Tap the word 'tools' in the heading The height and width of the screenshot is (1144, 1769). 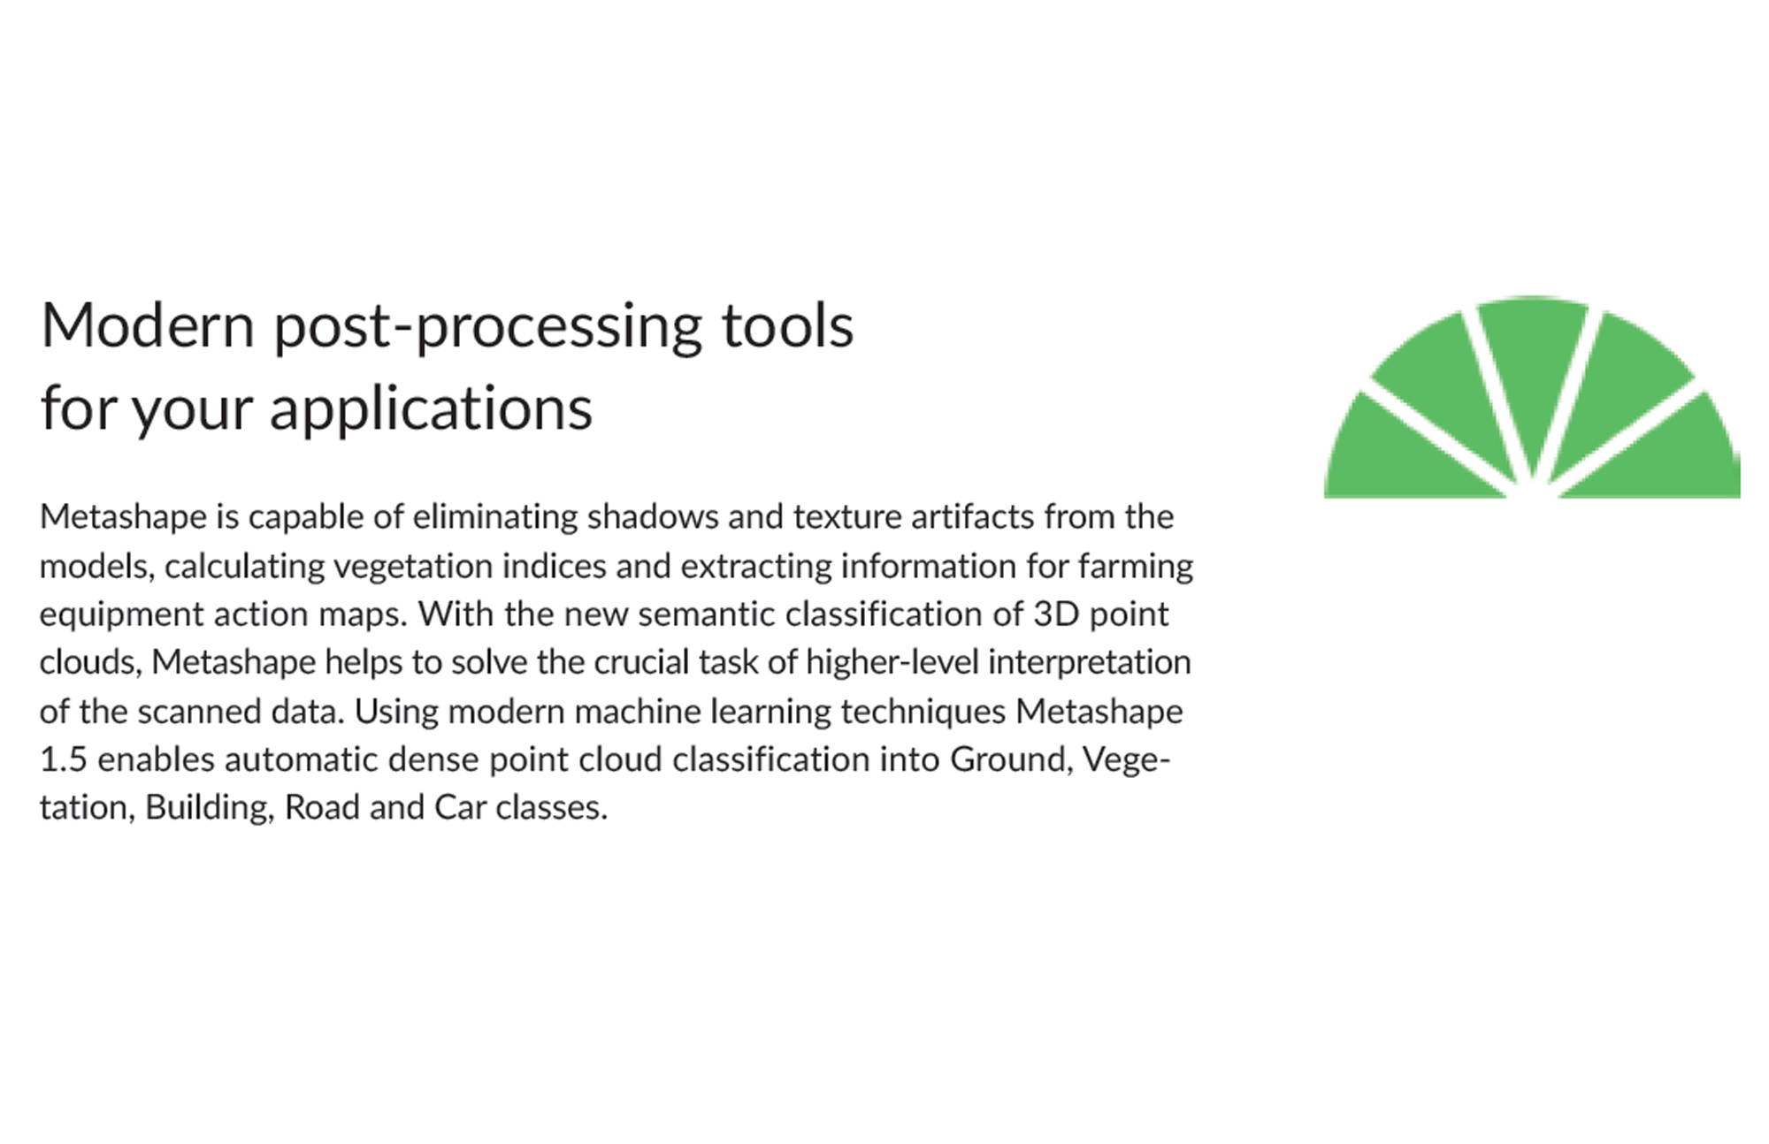coord(788,325)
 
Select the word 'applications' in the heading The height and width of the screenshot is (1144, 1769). coord(431,409)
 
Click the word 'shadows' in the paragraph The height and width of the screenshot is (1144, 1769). coord(653,516)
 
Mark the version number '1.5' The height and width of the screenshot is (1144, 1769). coord(64,759)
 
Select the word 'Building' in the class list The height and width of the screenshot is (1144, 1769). coord(209,808)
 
